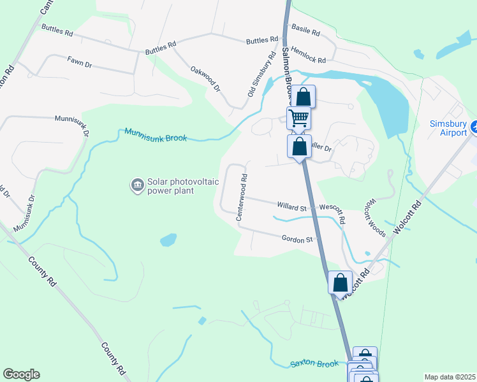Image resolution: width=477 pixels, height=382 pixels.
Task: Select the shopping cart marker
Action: [x=298, y=118]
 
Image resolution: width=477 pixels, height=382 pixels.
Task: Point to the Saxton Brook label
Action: [x=314, y=364]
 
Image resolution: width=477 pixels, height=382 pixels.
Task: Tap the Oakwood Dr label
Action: [x=205, y=78]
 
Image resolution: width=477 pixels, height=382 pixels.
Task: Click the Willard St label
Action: [x=292, y=206]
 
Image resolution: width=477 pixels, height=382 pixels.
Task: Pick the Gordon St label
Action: [x=298, y=239]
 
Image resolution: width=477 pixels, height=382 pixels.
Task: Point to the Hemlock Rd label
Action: [x=307, y=55]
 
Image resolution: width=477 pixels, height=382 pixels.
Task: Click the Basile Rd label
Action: [x=304, y=29]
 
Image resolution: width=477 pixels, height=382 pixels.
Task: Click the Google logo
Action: [x=21, y=374]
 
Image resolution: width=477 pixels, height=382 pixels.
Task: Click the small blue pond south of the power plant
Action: [x=168, y=240]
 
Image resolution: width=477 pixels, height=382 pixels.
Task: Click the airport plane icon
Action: [x=475, y=127]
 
